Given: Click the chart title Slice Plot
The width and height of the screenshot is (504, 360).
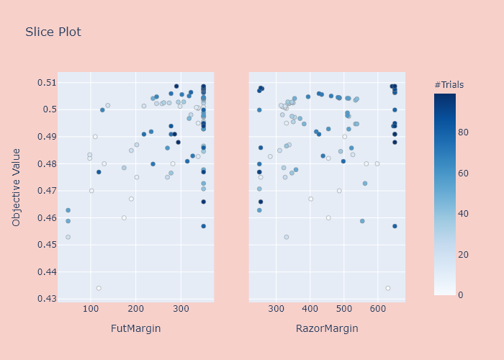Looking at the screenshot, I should [x=53, y=32].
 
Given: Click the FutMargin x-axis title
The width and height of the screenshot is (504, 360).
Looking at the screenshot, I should [x=135, y=329].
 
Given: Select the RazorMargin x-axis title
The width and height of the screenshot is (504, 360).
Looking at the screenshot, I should [x=327, y=329].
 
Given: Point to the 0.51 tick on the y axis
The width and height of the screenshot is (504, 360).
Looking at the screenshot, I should [x=44, y=82].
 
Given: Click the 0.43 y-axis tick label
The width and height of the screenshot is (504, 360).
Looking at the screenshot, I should [x=44, y=299].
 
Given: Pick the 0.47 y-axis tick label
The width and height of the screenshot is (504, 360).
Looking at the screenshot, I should [x=44, y=191].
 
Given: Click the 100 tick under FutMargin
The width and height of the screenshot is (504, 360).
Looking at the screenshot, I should [x=91, y=309].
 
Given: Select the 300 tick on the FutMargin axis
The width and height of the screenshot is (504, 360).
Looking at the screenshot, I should [x=181, y=309].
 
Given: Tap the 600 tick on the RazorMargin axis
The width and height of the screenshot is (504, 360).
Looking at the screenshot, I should [x=378, y=309].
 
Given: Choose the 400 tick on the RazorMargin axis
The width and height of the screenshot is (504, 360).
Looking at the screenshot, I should [x=310, y=309].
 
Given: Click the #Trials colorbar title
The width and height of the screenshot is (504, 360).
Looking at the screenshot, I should [x=449, y=85].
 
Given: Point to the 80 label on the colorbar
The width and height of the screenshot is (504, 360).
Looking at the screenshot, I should [x=464, y=132].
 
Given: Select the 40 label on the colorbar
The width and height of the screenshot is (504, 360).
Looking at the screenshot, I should [x=464, y=214].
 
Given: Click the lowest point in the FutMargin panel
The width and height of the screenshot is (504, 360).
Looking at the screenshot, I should [x=99, y=288].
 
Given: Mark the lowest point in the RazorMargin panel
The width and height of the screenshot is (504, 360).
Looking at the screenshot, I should [x=388, y=288].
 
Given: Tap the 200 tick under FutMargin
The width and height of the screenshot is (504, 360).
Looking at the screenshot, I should [x=136, y=309].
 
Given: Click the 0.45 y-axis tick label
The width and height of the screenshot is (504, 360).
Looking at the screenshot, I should [x=44, y=245].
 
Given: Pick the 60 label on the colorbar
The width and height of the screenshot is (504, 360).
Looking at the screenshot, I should [x=464, y=174].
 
